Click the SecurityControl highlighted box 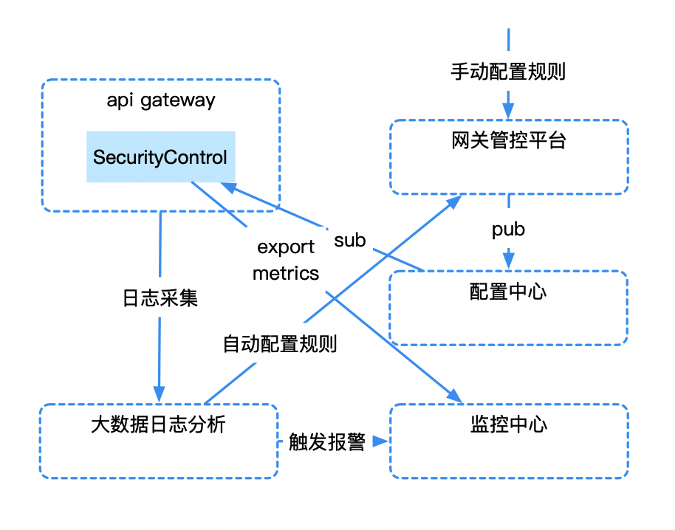(160, 157)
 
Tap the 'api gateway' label (161, 101)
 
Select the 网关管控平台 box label (508, 140)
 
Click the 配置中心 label (508, 292)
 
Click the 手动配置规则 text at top (508, 72)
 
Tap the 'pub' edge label (508, 230)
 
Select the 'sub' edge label (350, 240)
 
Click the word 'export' (286, 247)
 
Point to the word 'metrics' (286, 273)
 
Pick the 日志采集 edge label (160, 298)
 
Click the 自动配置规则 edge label (280, 344)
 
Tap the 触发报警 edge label (327, 442)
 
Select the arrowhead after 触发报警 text (380, 441)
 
